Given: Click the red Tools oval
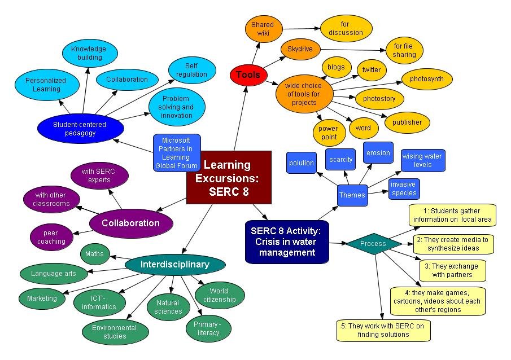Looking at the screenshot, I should point(248,74).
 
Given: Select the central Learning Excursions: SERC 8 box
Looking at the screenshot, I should point(229,178).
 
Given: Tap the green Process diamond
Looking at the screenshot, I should point(373,244).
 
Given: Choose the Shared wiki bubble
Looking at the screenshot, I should point(262,29).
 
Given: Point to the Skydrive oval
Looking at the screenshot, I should point(300,49).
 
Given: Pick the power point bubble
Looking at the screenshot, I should point(329,133).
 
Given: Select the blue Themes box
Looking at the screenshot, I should point(352,195).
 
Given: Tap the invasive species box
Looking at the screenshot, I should point(404,188).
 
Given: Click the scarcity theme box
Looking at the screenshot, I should point(341,160).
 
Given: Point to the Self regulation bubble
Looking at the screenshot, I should point(191,70).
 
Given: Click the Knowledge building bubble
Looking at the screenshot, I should point(89,53).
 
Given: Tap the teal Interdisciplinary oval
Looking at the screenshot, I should point(175,264).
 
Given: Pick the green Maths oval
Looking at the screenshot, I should point(94,254).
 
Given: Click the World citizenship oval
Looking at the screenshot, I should point(219,295).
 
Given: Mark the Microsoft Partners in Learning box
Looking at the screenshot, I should point(176,152).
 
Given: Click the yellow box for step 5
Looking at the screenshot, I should point(382,330).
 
